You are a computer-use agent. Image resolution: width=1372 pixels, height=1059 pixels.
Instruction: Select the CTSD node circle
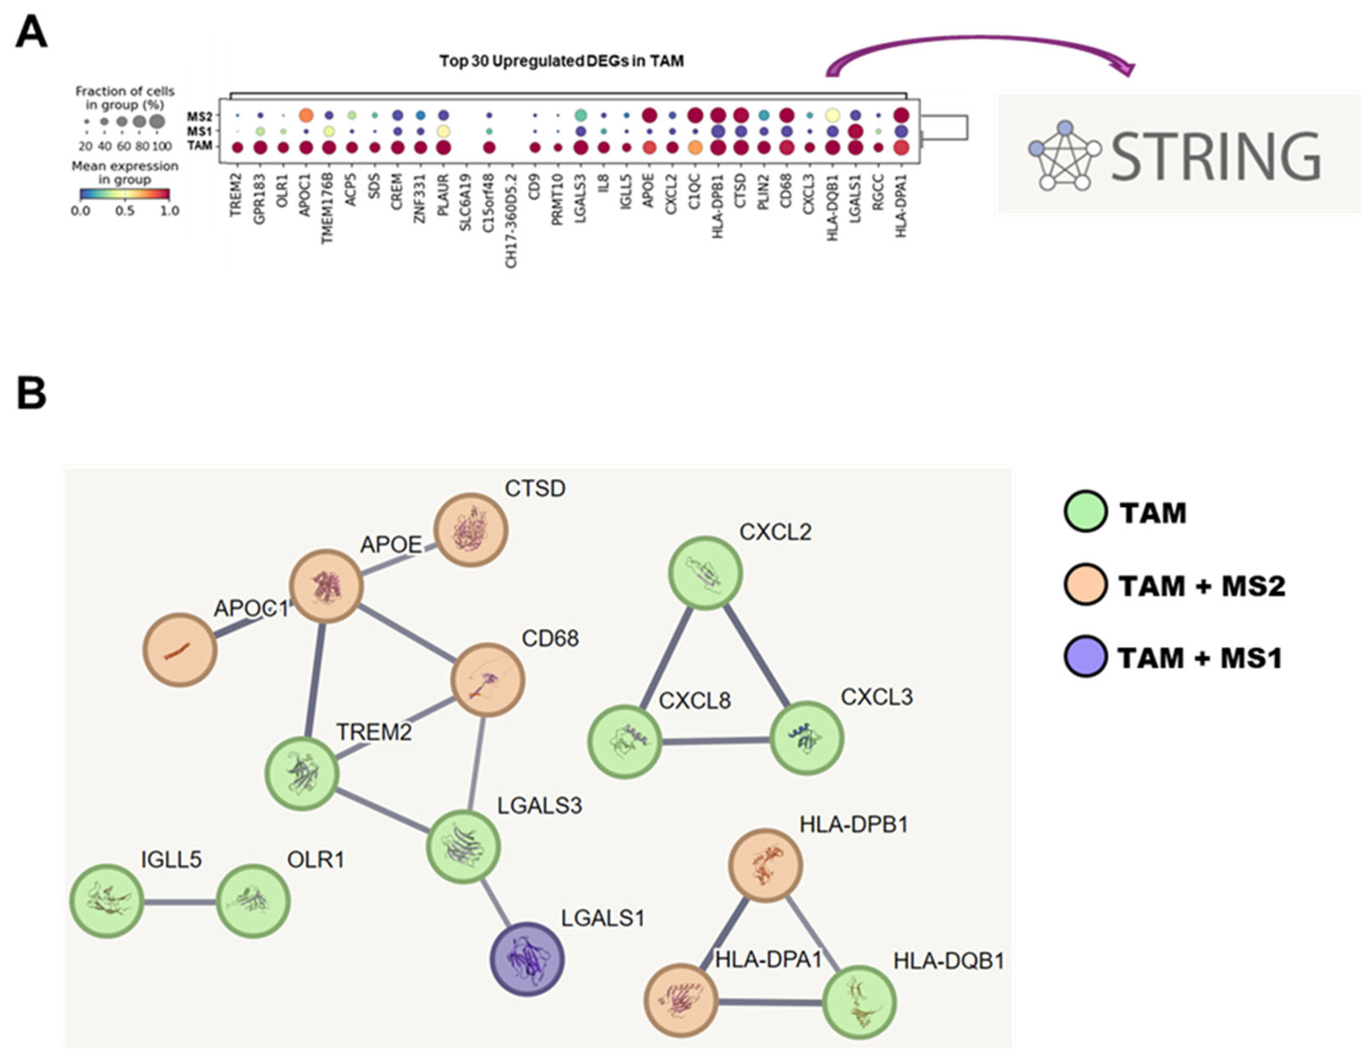(471, 529)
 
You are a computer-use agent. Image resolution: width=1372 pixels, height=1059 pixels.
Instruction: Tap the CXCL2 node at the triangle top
(705, 573)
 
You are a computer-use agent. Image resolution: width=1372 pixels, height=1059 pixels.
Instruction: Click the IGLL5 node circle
(106, 901)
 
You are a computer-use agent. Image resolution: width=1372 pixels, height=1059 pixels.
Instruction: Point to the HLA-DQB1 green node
(859, 1002)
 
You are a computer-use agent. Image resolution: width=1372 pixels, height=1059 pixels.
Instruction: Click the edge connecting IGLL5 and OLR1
(180, 902)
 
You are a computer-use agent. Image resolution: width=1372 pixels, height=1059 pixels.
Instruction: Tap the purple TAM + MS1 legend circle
(1085, 657)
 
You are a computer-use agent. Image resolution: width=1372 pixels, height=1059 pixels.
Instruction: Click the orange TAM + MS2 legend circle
(1085, 585)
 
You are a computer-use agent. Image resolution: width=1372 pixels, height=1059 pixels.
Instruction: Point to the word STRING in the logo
(1216, 157)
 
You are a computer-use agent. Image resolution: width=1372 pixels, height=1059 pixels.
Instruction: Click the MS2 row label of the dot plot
(199, 116)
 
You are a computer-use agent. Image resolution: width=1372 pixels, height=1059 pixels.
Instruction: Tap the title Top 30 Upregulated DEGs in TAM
(561, 62)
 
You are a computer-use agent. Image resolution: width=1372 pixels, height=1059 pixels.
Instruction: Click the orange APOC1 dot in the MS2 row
(306, 116)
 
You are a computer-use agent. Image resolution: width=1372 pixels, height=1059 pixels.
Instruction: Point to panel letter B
(31, 393)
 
